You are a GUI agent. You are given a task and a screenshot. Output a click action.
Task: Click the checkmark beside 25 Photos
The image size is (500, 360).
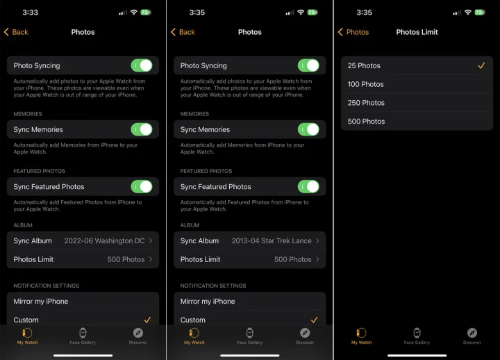[x=481, y=65]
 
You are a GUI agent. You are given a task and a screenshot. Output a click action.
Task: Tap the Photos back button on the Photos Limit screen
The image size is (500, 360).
[x=353, y=32]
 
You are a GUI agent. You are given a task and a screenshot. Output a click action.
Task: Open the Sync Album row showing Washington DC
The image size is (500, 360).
[x=83, y=240]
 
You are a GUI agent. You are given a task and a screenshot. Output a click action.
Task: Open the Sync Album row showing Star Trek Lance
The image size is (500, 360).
[x=250, y=240]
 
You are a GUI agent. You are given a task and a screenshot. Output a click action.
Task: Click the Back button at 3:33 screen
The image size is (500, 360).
[x=16, y=32]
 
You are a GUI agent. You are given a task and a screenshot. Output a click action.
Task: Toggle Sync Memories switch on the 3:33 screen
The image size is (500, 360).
[x=142, y=129]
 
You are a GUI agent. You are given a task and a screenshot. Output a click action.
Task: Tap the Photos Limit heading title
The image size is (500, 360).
[x=417, y=32]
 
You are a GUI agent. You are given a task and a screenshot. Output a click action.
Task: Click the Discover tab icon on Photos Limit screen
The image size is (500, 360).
[x=472, y=333]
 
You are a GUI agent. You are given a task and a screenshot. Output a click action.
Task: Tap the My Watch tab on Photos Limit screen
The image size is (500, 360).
[x=361, y=336]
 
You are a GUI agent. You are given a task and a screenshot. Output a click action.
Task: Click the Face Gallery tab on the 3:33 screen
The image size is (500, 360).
[x=83, y=336]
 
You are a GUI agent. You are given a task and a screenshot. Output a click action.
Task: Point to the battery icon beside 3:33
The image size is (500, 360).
[x=146, y=13]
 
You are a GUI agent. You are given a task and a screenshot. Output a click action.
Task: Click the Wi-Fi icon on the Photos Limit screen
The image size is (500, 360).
[x=468, y=13]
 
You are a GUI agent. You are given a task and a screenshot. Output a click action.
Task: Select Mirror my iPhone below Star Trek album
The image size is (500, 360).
[x=208, y=302]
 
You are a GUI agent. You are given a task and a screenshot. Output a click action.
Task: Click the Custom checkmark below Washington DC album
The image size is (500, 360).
[x=147, y=320]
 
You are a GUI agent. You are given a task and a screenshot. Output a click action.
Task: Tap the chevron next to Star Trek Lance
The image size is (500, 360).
[x=317, y=240]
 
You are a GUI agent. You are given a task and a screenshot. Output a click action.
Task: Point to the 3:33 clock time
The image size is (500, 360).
[x=30, y=13]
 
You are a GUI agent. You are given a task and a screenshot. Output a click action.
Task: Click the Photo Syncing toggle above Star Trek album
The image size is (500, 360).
[x=308, y=66]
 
